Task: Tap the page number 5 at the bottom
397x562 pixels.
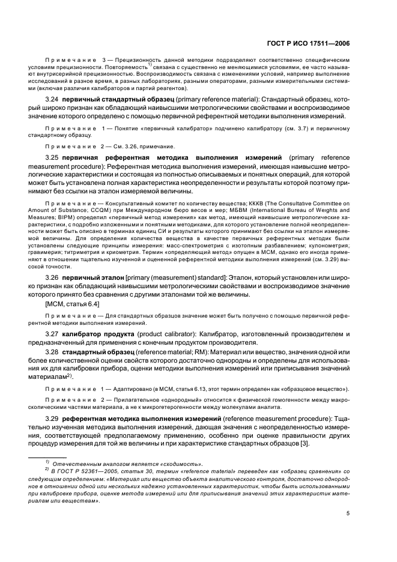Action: (348, 513)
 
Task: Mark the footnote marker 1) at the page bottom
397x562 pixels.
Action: (47, 462)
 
